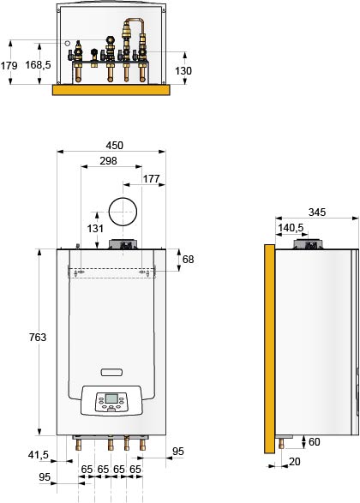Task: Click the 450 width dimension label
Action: tap(115, 146)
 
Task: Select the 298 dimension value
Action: tap(109, 161)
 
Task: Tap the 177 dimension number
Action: tap(151, 179)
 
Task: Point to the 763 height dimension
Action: tap(38, 337)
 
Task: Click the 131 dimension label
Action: tap(95, 229)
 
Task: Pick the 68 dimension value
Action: tap(188, 259)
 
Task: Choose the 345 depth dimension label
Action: tap(317, 212)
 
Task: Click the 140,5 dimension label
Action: tap(291, 228)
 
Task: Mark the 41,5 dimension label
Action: tap(39, 454)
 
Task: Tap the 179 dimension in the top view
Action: tap(9, 66)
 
